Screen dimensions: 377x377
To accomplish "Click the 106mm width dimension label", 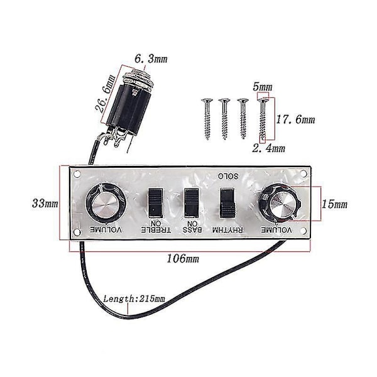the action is coord(183,258).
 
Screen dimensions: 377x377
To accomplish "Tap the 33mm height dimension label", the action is coord(45,204).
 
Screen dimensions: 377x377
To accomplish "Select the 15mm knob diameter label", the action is coord(334,204).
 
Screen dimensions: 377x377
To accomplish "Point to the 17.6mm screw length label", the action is coord(295,119).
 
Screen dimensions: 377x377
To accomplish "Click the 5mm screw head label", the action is coord(262,87).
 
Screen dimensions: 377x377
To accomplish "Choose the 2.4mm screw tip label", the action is coord(268,148).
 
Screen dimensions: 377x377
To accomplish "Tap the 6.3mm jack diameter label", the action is coord(151,59).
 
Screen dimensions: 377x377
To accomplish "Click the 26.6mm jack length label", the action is coord(105,94).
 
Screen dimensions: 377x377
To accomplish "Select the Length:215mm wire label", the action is coord(134,299).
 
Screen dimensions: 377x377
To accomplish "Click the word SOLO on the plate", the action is coord(228,176).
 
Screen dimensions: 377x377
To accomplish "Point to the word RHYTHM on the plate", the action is coord(227,230).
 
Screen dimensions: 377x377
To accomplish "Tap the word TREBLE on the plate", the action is coord(156,230).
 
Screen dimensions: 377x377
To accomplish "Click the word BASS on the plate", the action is coord(192,230).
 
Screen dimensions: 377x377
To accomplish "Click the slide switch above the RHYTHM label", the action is coord(227,203).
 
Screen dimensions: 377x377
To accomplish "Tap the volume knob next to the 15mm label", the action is coord(281,204).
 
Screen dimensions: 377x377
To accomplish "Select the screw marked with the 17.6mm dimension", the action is coord(263,120).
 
